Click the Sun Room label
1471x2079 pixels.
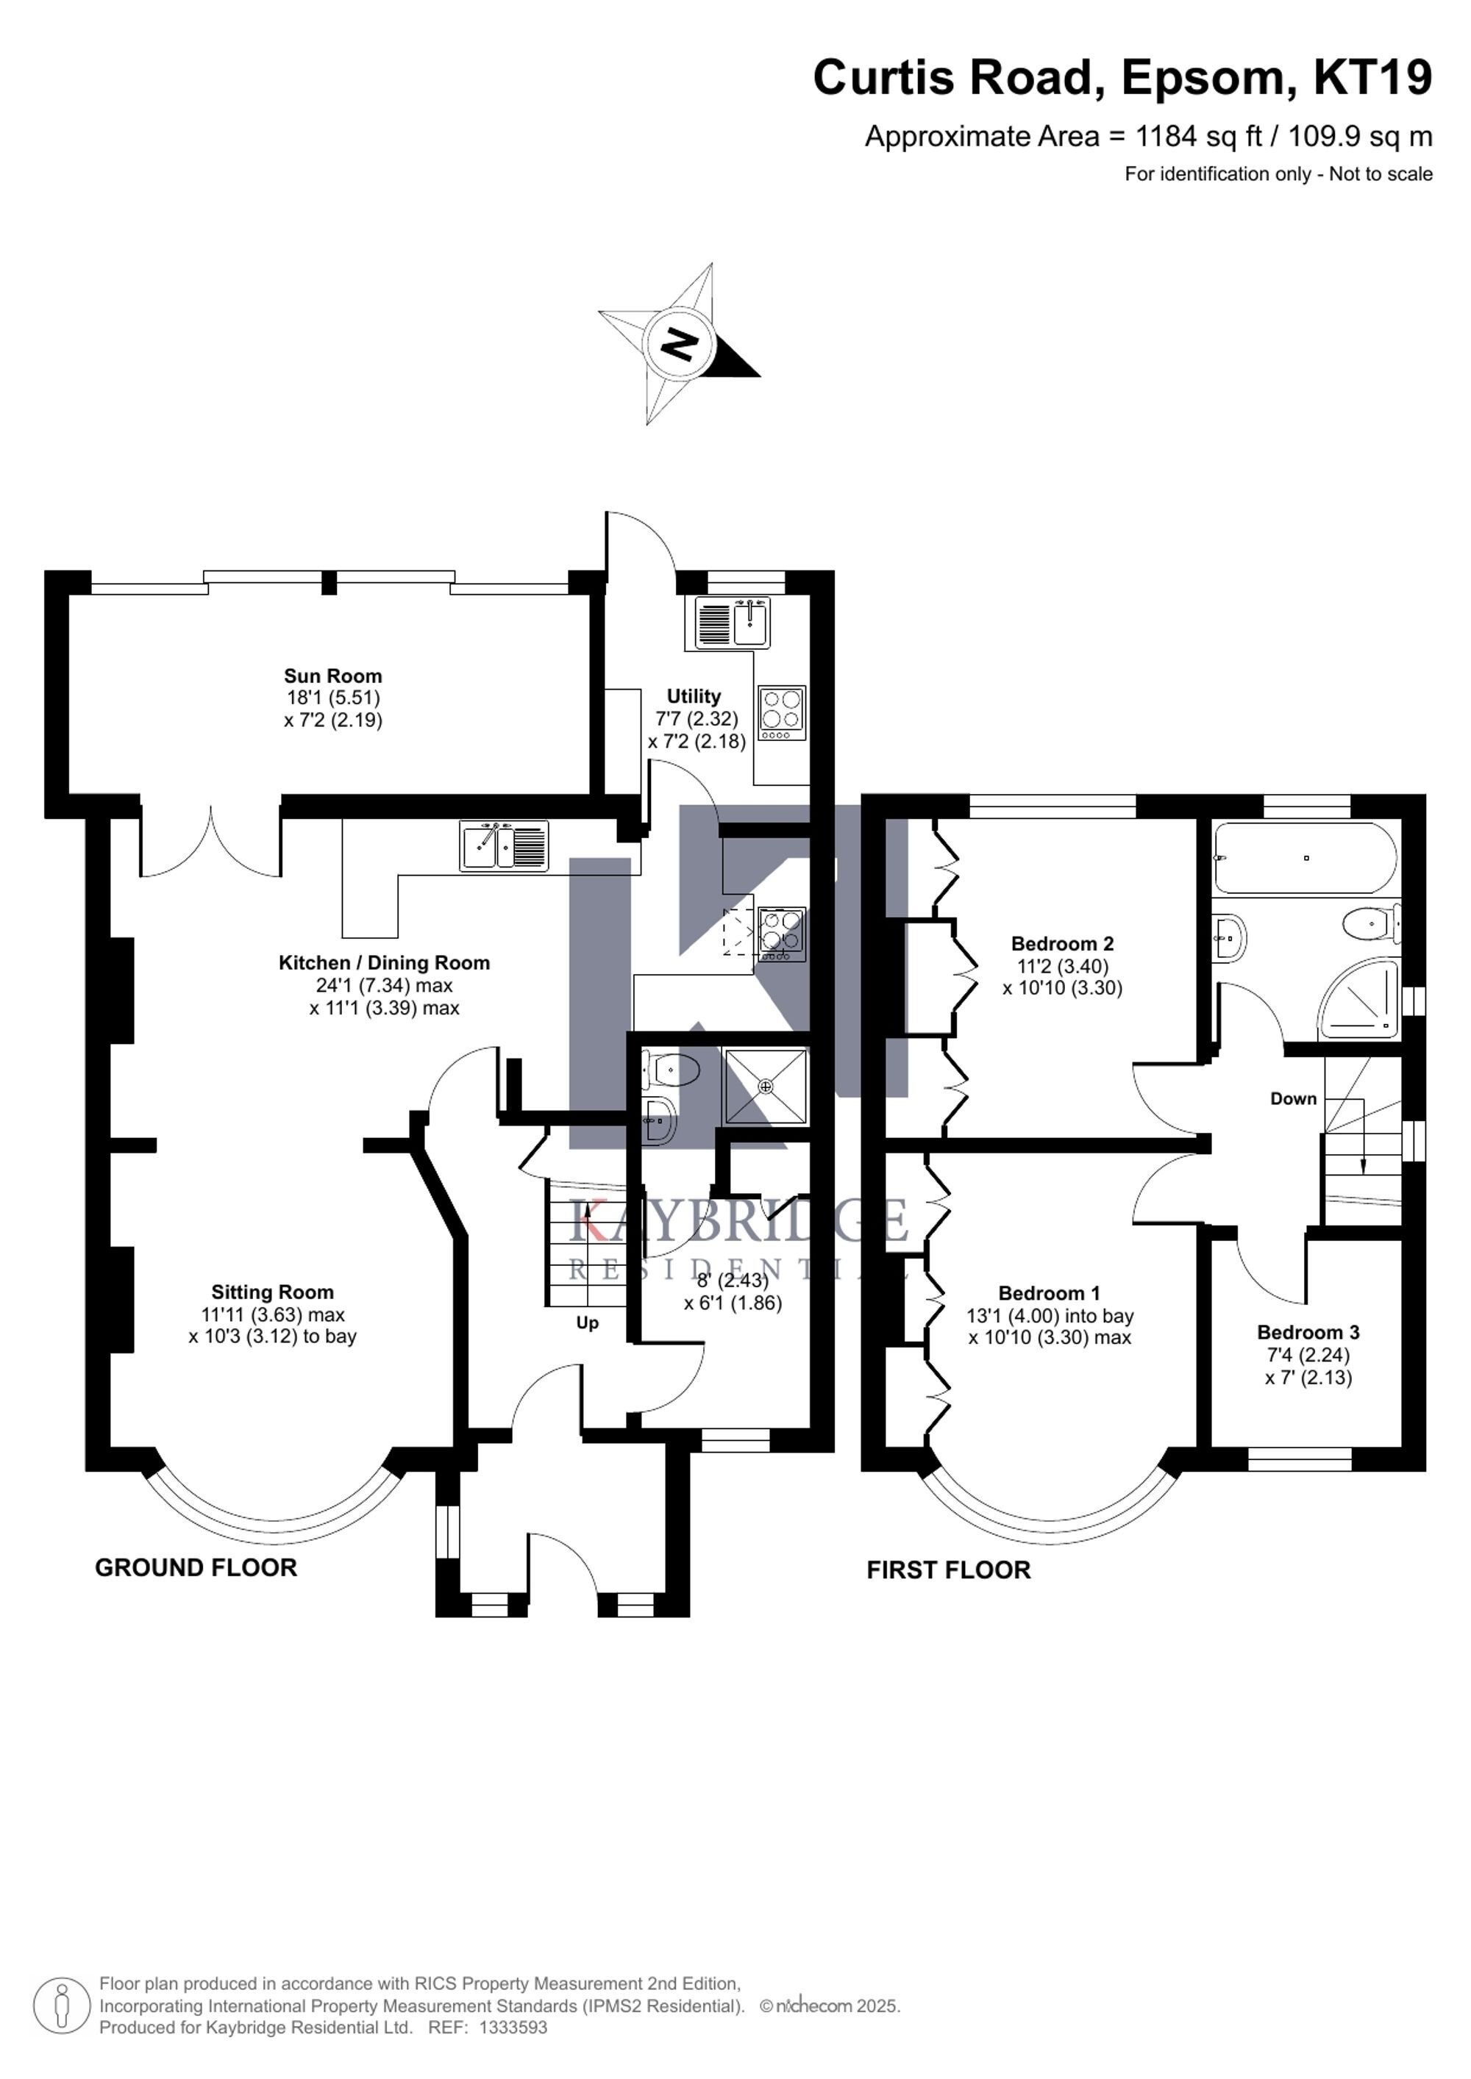(332, 676)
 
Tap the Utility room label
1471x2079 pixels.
(694, 696)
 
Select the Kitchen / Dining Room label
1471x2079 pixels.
(384, 962)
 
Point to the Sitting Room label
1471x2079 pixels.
(273, 1292)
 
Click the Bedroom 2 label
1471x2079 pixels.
(1063, 943)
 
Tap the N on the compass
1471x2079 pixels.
(680, 344)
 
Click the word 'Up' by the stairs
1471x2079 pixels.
(588, 1324)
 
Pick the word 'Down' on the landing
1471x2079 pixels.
(1294, 1098)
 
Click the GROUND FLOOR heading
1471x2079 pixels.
(196, 1567)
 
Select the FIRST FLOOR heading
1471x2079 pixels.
(948, 1570)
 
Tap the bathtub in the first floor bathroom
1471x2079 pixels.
(1306, 857)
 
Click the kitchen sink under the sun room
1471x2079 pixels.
(504, 845)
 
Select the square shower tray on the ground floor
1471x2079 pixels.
(766, 1086)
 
